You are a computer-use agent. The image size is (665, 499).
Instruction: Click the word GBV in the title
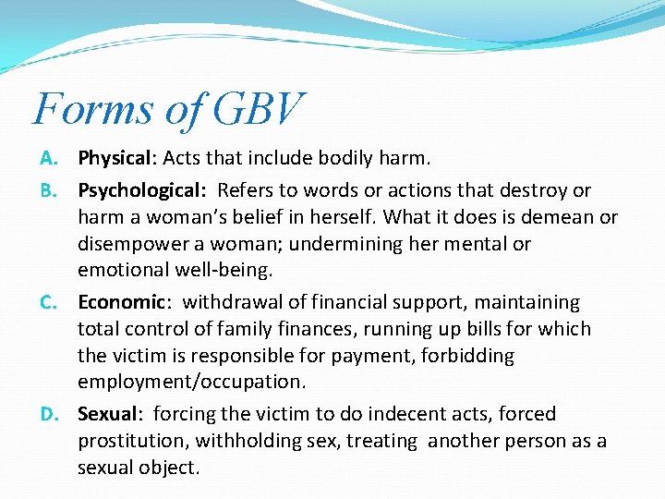click(x=256, y=109)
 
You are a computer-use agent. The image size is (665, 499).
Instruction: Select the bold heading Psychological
click(x=140, y=191)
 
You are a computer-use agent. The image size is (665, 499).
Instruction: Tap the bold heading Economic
click(x=120, y=303)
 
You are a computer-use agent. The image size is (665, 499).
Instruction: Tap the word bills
click(x=451, y=330)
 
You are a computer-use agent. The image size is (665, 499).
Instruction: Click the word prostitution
click(x=131, y=442)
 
